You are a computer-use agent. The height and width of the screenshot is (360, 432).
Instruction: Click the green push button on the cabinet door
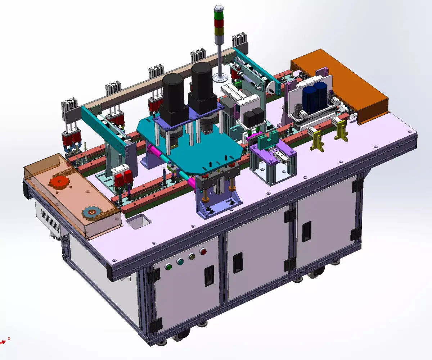[168, 267]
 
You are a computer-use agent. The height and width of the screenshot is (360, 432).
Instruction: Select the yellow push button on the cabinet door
[192, 256]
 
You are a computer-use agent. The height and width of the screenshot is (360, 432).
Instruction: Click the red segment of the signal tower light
[219, 23]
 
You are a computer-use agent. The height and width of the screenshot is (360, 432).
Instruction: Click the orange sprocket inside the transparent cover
[59, 182]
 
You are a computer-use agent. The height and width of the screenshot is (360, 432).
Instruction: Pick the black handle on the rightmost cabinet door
[306, 231]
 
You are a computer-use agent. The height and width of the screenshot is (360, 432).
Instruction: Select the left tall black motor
[174, 92]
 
